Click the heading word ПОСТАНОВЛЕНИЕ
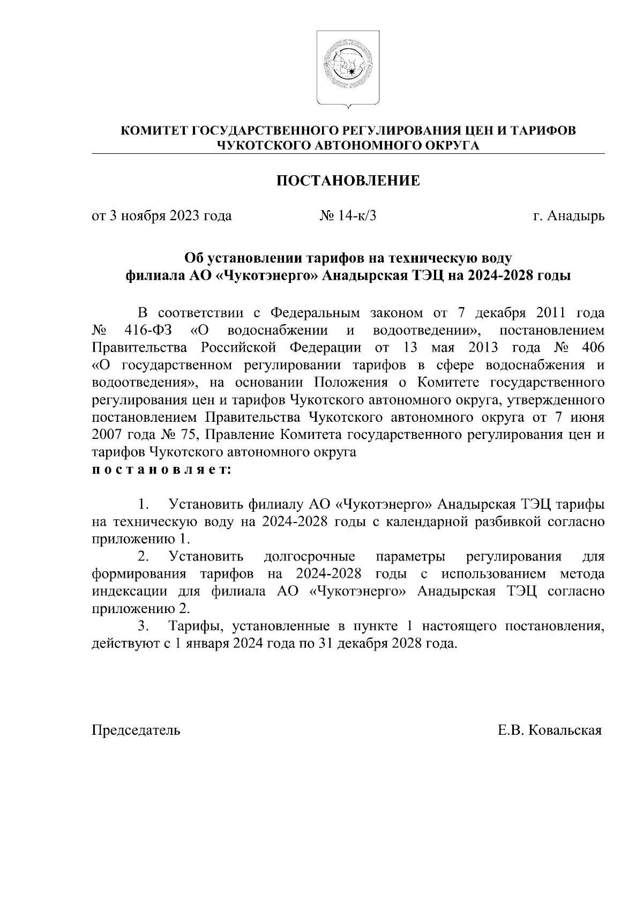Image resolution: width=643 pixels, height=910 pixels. [348, 181]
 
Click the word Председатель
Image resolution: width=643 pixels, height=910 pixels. [136, 730]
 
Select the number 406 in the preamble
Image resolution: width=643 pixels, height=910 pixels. [592, 348]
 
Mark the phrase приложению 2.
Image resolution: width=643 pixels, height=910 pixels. [141, 609]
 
